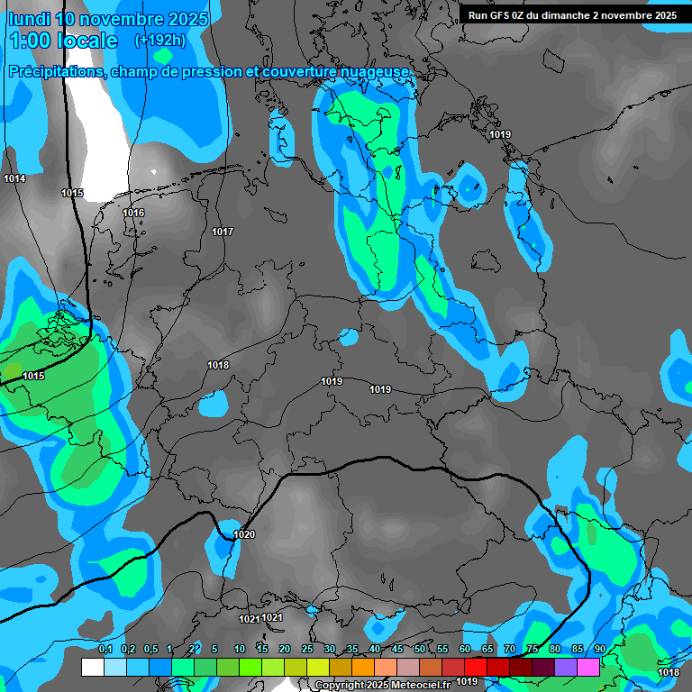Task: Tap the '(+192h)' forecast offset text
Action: (x=159, y=40)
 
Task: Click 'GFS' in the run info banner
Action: (x=507, y=15)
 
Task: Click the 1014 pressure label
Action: (x=14, y=179)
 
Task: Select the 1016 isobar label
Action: (x=133, y=214)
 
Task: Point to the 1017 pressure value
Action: (x=223, y=232)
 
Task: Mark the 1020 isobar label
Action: (x=244, y=535)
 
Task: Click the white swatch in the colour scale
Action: (x=93, y=667)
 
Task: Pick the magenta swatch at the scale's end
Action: (x=588, y=667)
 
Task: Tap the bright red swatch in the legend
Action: (x=476, y=667)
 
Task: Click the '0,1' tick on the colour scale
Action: (x=105, y=649)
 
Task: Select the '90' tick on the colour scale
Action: (x=600, y=649)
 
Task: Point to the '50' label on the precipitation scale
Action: (x=420, y=649)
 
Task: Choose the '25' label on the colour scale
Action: (x=307, y=649)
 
